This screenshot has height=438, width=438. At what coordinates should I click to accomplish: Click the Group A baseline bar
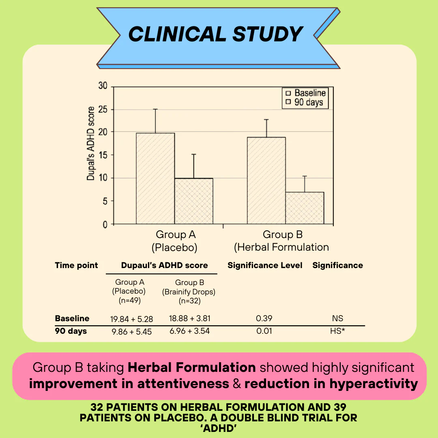click(155, 178)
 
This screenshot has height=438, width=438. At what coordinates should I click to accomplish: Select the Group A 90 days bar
click(193, 201)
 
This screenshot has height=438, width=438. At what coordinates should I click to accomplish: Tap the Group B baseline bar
click(266, 180)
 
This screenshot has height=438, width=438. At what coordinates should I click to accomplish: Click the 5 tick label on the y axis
click(105, 202)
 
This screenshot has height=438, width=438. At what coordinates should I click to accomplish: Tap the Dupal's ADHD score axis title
click(91, 143)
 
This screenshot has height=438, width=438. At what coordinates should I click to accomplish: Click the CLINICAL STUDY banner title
click(215, 34)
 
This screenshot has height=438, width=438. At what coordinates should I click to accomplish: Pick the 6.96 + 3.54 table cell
click(190, 331)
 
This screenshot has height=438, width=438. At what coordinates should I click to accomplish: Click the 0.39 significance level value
click(264, 319)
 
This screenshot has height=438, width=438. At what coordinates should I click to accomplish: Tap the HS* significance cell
click(337, 331)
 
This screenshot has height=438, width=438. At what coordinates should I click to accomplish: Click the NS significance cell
click(337, 319)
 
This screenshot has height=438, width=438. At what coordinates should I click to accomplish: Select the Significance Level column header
click(265, 266)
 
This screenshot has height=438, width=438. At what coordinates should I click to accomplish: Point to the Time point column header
click(76, 266)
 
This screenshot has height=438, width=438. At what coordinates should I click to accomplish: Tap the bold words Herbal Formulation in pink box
click(191, 367)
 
